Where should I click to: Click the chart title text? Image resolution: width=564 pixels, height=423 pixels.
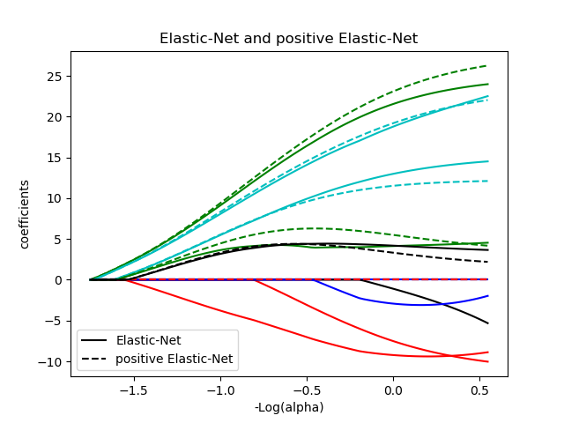pyautogui.click(x=288, y=39)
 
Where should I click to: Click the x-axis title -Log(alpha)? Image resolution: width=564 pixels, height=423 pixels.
pyautogui.click(x=288, y=407)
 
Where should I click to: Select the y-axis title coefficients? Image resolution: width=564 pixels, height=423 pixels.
pyautogui.click(x=25, y=214)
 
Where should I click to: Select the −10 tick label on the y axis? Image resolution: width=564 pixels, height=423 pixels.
pyautogui.click(x=53, y=361)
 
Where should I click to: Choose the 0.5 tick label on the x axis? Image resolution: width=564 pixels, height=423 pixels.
pyautogui.click(x=479, y=390)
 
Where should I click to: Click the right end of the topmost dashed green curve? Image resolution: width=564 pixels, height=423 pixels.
pyautogui.click(x=486, y=66)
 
